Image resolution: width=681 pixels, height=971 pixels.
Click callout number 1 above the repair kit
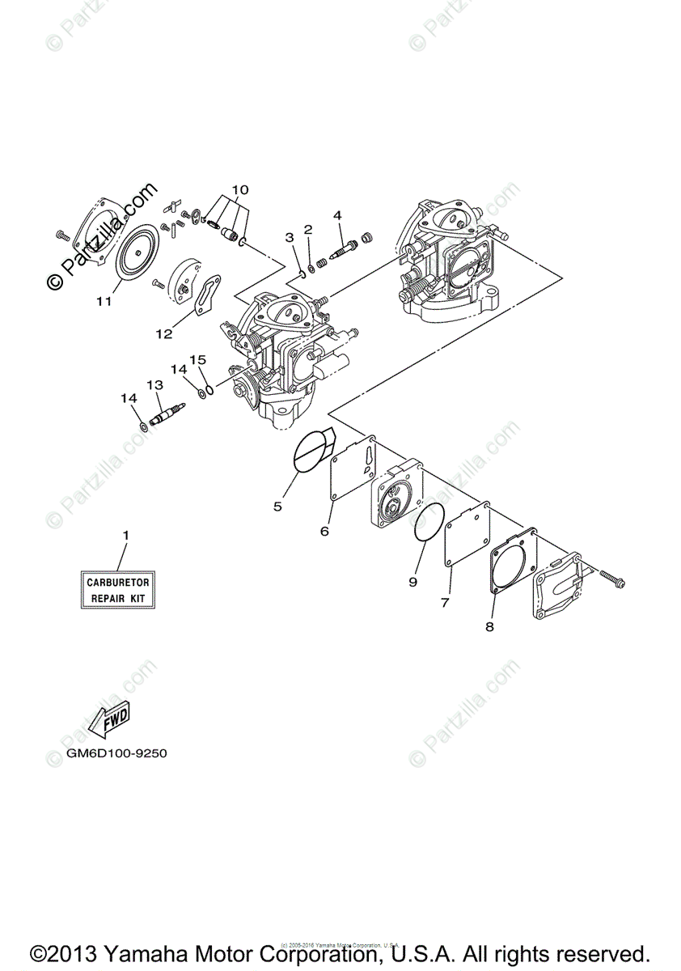(125, 536)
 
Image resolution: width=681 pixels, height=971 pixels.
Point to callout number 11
(103, 302)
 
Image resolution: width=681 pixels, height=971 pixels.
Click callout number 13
(154, 385)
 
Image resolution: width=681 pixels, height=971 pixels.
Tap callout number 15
(198, 358)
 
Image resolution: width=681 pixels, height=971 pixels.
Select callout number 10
(238, 191)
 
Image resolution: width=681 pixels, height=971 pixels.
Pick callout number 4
(337, 214)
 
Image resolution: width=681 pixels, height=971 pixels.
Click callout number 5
(277, 507)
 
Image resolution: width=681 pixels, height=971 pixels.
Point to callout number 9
(412, 581)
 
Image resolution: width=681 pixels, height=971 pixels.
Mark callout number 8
(489, 625)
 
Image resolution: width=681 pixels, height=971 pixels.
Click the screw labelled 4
(345, 244)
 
